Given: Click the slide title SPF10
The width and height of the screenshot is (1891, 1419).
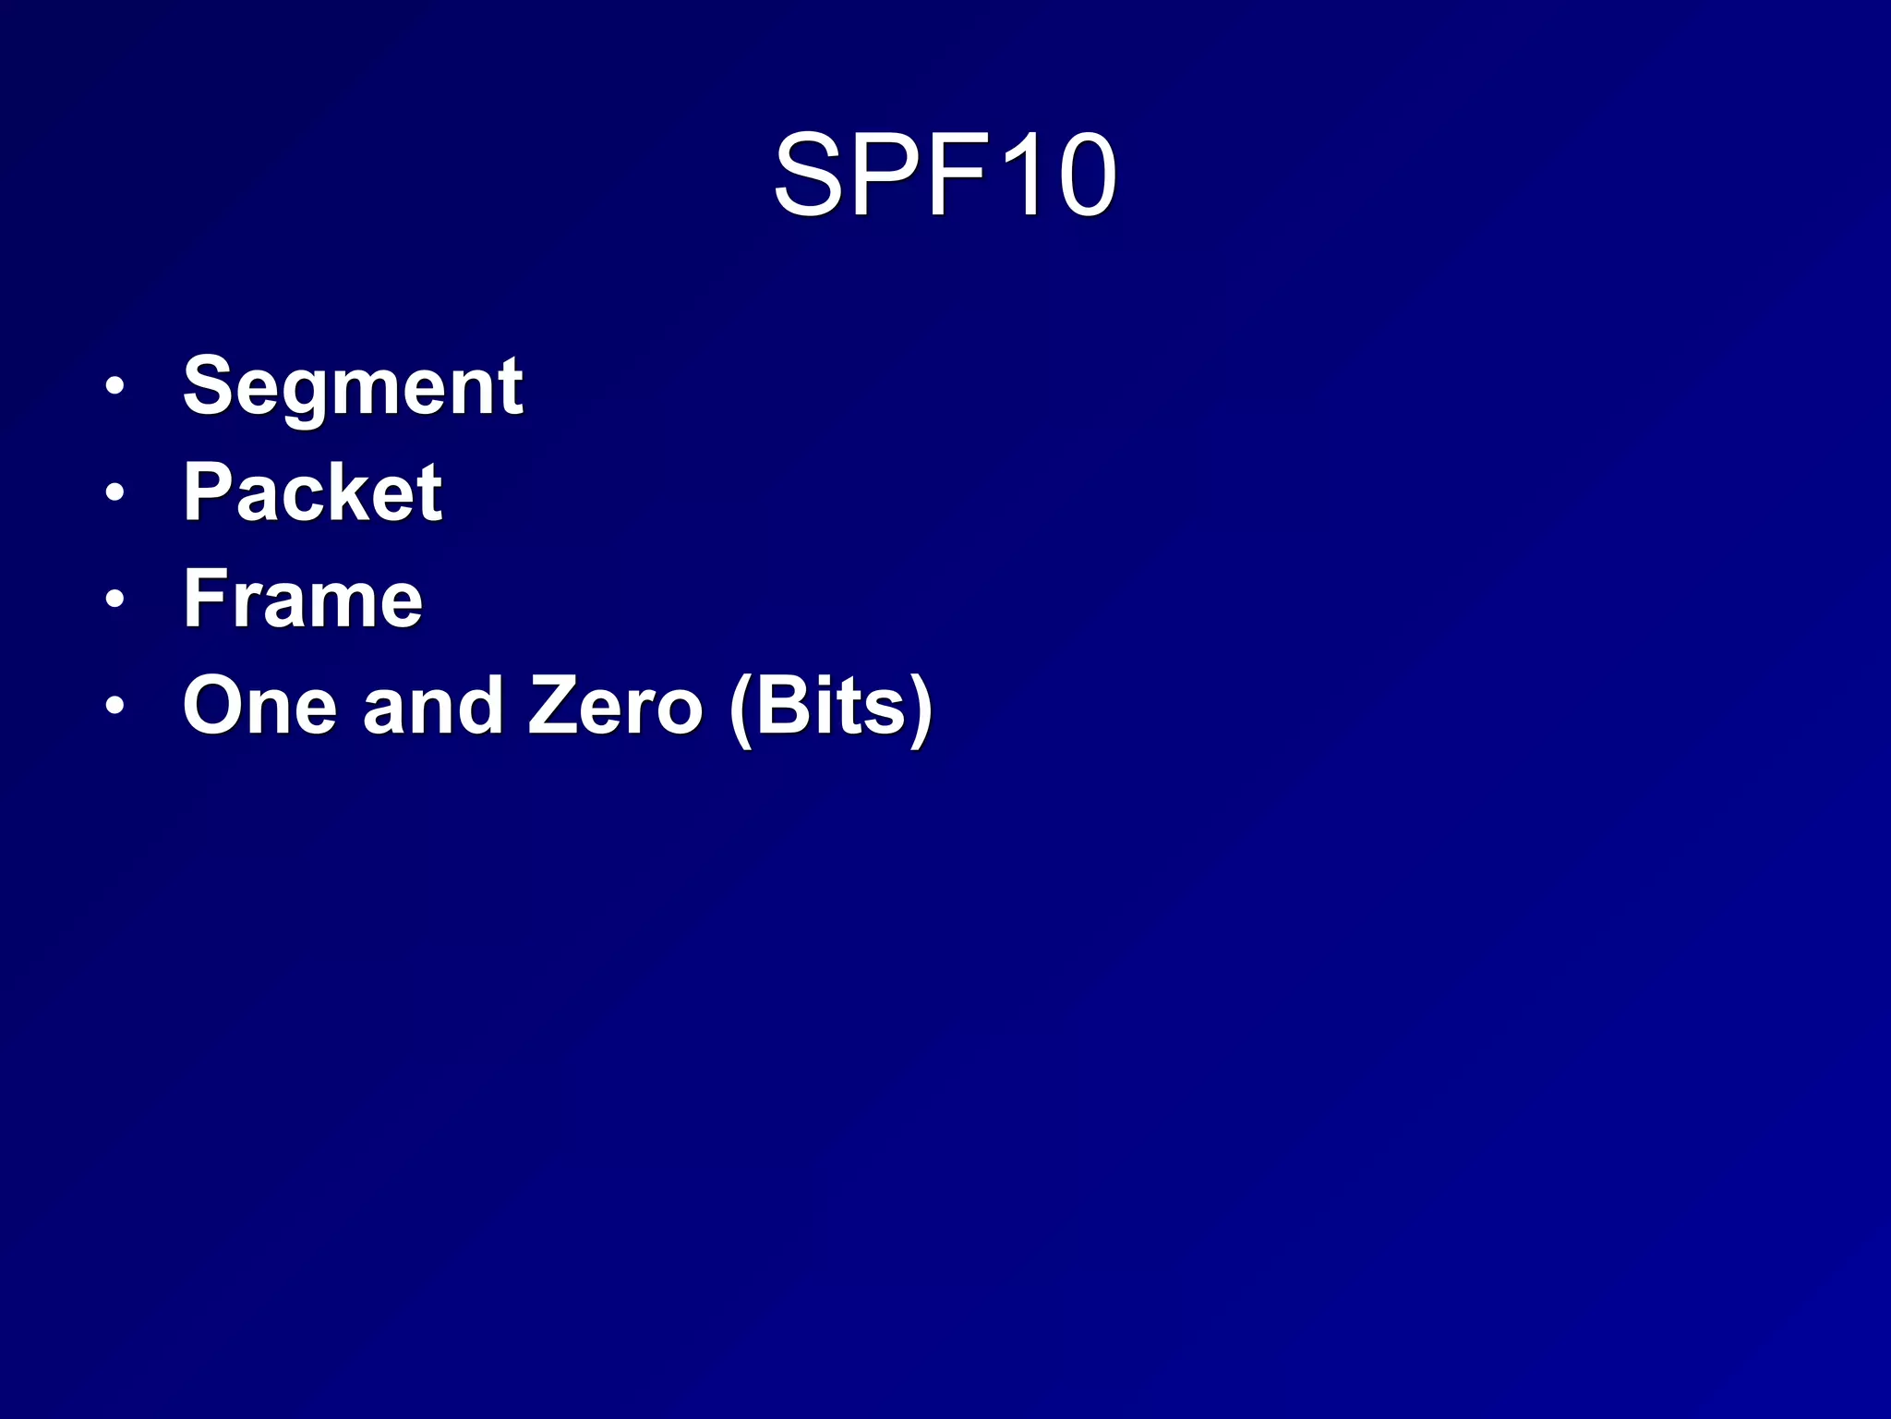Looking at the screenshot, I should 945,176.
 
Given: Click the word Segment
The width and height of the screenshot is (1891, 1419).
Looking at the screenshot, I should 353,387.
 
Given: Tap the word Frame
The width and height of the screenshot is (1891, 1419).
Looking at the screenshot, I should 303,600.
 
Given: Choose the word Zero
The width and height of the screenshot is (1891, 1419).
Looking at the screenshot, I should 614,707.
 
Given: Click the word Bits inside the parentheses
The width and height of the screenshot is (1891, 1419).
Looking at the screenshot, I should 829,707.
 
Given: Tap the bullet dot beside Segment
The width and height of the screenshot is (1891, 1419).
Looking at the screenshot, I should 114,386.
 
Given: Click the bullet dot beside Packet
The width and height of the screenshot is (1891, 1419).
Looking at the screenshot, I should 114,492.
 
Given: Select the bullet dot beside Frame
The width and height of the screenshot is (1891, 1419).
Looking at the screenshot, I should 114,600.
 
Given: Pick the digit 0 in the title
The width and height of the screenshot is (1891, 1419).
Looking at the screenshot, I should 1086,176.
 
